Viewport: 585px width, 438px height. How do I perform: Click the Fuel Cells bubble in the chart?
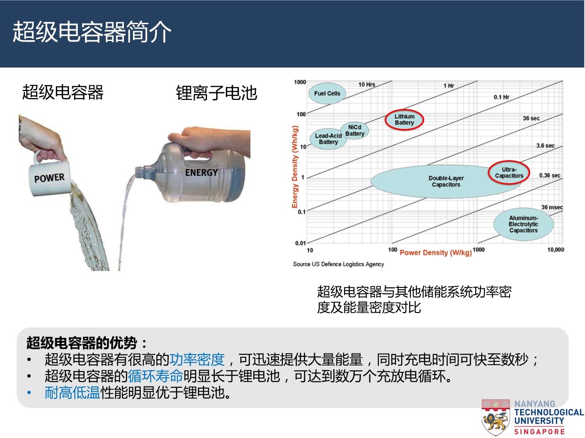pyautogui.click(x=327, y=93)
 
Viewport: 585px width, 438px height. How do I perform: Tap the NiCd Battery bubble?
pyautogui.click(x=355, y=130)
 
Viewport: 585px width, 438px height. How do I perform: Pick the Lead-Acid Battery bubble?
pyautogui.click(x=328, y=139)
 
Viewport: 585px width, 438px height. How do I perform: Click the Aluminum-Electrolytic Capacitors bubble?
pyautogui.click(x=523, y=224)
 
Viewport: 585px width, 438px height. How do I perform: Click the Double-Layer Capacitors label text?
pyautogui.click(x=446, y=182)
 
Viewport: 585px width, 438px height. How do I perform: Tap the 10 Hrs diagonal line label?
pyautogui.click(x=367, y=84)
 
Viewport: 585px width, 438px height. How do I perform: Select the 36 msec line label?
pyautogui.click(x=552, y=207)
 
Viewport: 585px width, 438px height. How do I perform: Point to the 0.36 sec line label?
pyautogui.click(x=549, y=176)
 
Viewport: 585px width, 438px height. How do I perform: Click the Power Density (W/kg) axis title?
pyautogui.click(x=436, y=253)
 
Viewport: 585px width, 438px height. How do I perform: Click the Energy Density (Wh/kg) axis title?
pyautogui.click(x=294, y=167)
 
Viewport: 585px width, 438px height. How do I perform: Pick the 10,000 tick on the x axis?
pyautogui.click(x=556, y=250)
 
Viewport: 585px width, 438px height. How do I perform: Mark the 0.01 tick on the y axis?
pyautogui.click(x=300, y=243)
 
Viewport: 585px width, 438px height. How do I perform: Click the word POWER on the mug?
pyautogui.click(x=49, y=178)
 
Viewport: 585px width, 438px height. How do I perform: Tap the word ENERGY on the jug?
pyautogui.click(x=202, y=172)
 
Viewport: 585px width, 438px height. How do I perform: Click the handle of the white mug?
pyautogui.click(x=36, y=157)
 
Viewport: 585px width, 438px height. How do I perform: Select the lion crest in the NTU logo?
pyautogui.click(x=495, y=417)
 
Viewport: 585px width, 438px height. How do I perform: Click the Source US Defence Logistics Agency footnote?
pyautogui.click(x=339, y=264)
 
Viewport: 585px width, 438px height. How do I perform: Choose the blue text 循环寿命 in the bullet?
pyautogui.click(x=156, y=376)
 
